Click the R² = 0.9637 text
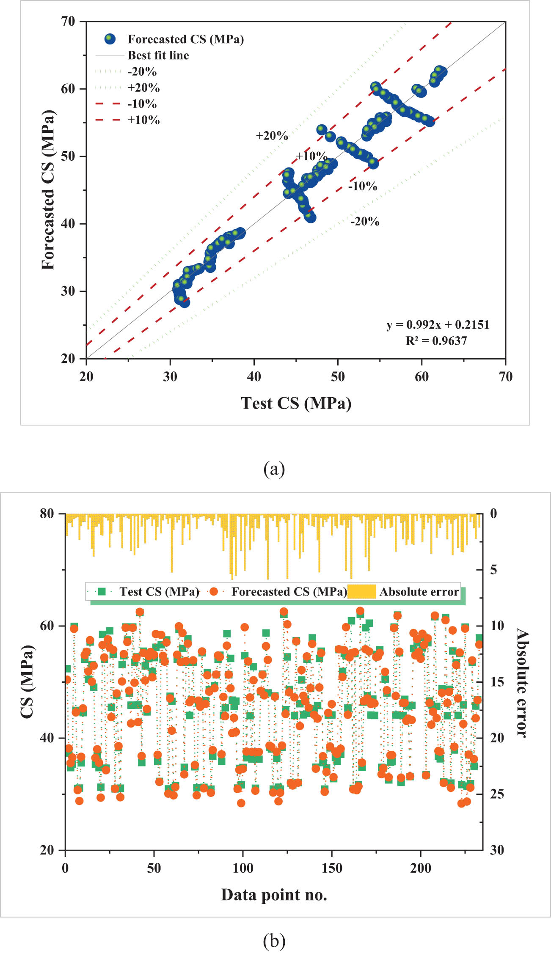click(x=436, y=341)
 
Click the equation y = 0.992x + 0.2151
click(x=438, y=325)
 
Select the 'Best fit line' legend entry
click(x=158, y=55)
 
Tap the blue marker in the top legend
click(x=110, y=39)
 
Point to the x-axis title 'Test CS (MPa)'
click(x=296, y=403)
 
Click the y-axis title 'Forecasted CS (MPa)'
click(x=48, y=190)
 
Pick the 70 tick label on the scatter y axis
click(x=68, y=21)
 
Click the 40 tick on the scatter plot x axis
click(x=254, y=376)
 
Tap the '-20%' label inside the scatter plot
click(x=364, y=221)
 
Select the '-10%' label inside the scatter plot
click(x=362, y=186)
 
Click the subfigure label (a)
click(x=274, y=469)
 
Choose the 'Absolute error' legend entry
click(x=419, y=592)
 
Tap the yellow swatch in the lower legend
click(x=361, y=592)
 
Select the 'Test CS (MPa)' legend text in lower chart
click(x=159, y=592)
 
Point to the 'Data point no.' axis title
click(x=274, y=895)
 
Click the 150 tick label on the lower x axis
click(x=332, y=868)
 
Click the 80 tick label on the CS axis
click(x=47, y=514)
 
